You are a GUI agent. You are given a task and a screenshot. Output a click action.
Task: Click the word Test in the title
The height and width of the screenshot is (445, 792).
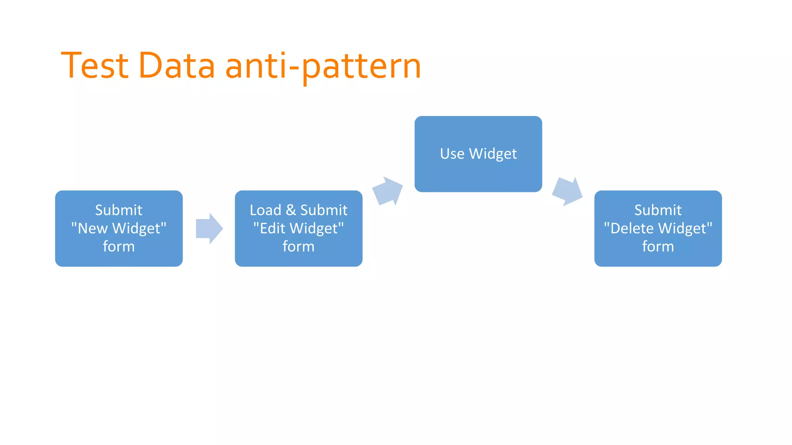coord(95,66)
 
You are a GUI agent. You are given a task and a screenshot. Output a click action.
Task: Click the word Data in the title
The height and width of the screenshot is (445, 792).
coord(176,66)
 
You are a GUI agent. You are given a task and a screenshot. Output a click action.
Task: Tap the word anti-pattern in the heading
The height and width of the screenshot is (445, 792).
coord(323,66)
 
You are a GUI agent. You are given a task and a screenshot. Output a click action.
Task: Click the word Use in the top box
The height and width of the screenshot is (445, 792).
coord(452,154)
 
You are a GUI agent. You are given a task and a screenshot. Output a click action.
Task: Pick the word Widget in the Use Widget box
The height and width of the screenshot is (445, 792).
coord(493,154)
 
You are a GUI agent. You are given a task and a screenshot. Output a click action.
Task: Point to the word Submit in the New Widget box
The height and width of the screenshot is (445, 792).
coord(119,210)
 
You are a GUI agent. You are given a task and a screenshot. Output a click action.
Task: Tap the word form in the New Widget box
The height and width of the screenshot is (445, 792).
coord(119,246)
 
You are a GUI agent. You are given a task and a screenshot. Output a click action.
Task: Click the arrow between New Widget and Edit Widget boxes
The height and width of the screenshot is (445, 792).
coord(209,228)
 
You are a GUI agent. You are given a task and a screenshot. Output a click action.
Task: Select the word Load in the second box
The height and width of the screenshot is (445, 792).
coord(265,210)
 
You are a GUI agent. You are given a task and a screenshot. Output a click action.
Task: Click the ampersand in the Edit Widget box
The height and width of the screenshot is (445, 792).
coord(291,210)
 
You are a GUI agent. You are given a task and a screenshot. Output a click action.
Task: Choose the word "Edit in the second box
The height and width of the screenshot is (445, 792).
coord(270,228)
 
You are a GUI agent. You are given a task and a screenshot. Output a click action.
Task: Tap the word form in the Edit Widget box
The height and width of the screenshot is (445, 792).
coord(299,246)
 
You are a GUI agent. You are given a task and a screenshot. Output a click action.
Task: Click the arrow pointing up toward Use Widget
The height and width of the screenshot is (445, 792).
coord(387,191)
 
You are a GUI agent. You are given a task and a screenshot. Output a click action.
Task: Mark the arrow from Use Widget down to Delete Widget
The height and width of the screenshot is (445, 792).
coord(567,191)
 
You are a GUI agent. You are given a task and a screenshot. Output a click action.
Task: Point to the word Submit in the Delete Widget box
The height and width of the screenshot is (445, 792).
coord(658,210)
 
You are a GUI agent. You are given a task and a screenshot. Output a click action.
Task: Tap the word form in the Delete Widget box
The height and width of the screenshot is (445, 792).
coord(658,246)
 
